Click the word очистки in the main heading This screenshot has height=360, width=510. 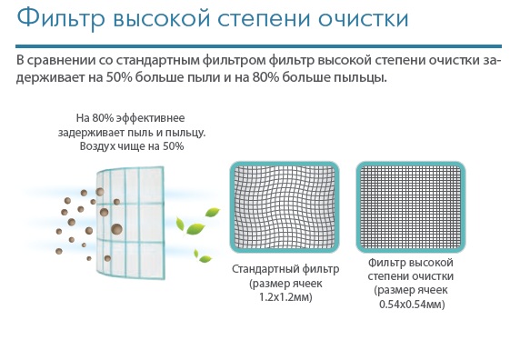coord(363,18)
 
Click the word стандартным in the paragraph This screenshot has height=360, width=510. coord(158,61)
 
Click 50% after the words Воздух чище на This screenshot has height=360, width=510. coord(173,146)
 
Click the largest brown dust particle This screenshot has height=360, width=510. coord(116,229)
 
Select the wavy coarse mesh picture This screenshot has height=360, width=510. coord(285,207)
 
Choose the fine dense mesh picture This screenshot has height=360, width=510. coord(411,207)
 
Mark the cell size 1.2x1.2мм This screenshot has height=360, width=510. coord(285,297)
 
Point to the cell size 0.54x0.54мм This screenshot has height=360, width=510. coord(412,305)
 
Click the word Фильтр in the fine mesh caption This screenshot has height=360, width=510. coord(385,263)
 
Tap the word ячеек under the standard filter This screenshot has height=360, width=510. coord(307,284)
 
